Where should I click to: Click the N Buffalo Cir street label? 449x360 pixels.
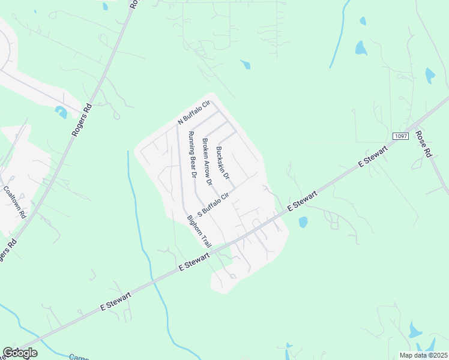(193, 113)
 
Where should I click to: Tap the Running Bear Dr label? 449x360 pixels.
(192, 155)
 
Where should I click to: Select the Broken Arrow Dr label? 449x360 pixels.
(207, 161)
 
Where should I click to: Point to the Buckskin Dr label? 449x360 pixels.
(223, 163)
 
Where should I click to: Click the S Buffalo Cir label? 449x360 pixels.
(214, 203)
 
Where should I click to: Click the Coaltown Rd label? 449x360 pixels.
(15, 202)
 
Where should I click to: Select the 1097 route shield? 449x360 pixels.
(401, 136)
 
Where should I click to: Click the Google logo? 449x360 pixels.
(20, 353)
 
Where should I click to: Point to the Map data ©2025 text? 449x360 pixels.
(424, 355)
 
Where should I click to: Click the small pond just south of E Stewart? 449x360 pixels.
(303, 223)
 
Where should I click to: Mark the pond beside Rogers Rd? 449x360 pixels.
(61, 112)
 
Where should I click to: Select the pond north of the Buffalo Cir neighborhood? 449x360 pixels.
(245, 64)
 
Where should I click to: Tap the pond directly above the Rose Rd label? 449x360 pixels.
(430, 75)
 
